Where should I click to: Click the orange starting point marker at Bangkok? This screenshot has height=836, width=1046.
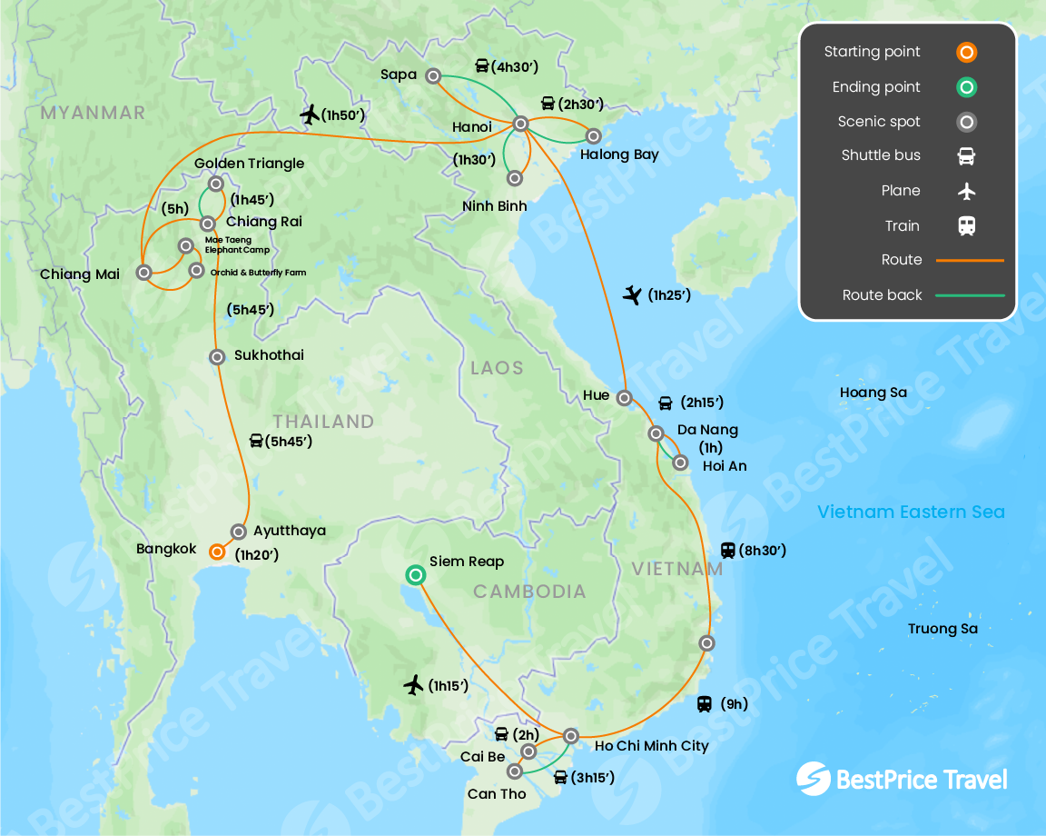(x=217, y=552)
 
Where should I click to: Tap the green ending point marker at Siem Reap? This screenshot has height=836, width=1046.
(x=415, y=574)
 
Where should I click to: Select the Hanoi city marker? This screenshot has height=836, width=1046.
(x=520, y=124)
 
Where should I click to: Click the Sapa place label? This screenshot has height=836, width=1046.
(x=399, y=75)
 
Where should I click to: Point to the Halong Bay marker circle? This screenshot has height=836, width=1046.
(x=593, y=136)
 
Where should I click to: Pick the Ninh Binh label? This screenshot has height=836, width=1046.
(x=494, y=206)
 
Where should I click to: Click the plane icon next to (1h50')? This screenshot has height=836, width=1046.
(x=310, y=114)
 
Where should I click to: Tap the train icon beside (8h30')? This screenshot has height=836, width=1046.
(x=727, y=550)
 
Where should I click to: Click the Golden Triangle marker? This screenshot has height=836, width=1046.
(x=216, y=184)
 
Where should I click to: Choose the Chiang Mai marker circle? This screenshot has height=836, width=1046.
(x=143, y=272)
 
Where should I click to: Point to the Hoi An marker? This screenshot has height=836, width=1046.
(x=680, y=463)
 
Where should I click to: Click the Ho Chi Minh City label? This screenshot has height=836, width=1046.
(x=651, y=746)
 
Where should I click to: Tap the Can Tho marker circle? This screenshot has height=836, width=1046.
(x=515, y=771)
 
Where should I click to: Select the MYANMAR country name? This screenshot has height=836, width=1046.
(x=93, y=113)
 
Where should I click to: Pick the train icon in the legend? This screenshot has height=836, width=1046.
(x=966, y=226)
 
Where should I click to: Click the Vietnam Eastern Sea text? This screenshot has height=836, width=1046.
(x=911, y=512)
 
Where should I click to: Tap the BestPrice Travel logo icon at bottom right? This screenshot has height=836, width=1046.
(x=813, y=779)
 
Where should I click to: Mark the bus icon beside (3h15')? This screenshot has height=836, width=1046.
(x=560, y=777)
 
